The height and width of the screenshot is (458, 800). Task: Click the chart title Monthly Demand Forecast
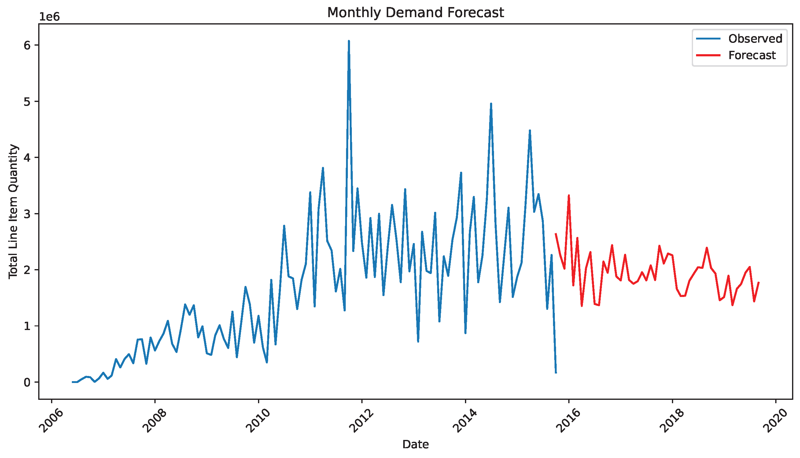(x=415, y=13)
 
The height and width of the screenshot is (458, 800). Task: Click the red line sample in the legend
(x=708, y=55)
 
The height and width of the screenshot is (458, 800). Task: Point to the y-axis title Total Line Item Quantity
(x=13, y=211)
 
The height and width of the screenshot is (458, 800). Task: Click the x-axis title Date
(x=415, y=445)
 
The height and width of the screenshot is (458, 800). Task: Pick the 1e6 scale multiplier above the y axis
(x=49, y=17)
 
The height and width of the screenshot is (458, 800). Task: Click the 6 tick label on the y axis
(x=27, y=45)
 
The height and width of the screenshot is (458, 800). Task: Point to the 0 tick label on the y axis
(x=27, y=382)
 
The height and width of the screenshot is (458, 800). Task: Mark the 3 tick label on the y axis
(x=27, y=214)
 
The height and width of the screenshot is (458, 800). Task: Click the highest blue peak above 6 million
(x=349, y=41)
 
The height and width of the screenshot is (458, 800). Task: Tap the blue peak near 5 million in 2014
(x=491, y=103)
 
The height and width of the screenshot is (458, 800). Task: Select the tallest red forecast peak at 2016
(x=569, y=195)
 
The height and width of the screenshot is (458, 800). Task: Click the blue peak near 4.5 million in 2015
(x=529, y=130)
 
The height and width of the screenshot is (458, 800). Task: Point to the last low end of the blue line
(x=556, y=373)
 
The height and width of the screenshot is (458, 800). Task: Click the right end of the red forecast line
(x=758, y=283)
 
